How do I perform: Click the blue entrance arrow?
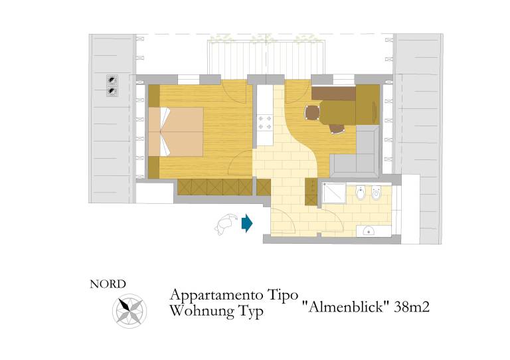tap(247, 223)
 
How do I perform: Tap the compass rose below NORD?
tap(129, 311)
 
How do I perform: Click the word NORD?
tap(108, 284)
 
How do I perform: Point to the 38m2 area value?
tap(412, 307)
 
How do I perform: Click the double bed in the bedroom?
tap(176, 132)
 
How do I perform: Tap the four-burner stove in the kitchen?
tap(264, 123)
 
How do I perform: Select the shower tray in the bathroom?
tap(334, 193)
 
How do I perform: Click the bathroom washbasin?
tap(368, 231)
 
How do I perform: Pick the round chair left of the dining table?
tap(312, 114)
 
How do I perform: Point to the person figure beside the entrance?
tap(226, 224)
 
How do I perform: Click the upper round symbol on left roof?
tap(112, 80)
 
